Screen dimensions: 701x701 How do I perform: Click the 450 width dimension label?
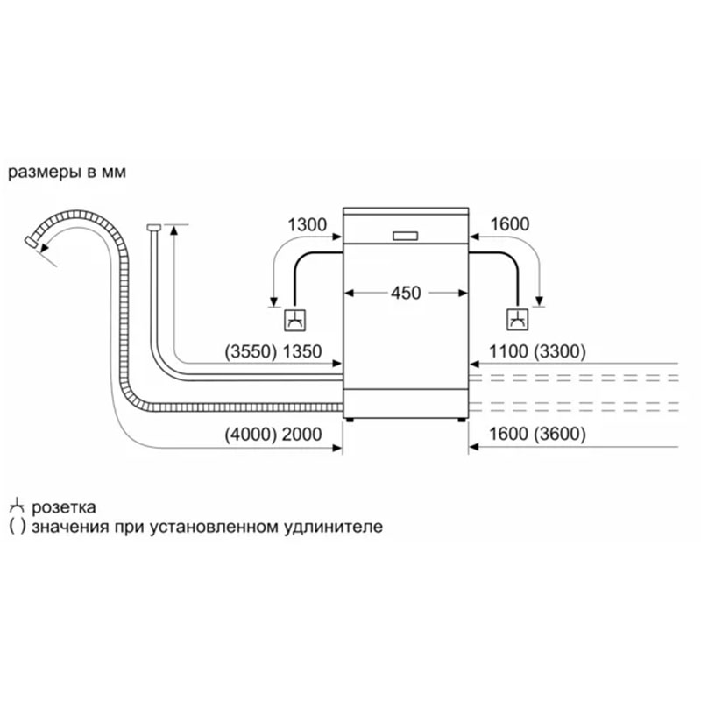pyautogui.click(x=406, y=294)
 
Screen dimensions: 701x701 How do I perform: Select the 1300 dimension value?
pyautogui.click(x=307, y=224)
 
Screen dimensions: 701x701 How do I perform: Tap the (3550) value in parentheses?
pyautogui.click(x=251, y=352)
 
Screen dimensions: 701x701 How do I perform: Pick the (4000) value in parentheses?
pyautogui.click(x=251, y=435)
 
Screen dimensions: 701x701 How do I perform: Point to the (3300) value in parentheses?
pyautogui.click(x=559, y=352)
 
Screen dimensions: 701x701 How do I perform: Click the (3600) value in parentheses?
pyautogui.click(x=559, y=434)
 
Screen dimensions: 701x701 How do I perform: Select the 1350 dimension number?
pyautogui.click(x=301, y=352)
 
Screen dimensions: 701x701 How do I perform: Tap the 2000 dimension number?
pyautogui.click(x=301, y=435)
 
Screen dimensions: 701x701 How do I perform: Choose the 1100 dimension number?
pyautogui.click(x=508, y=352)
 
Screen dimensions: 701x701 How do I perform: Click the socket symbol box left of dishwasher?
pyautogui.click(x=295, y=320)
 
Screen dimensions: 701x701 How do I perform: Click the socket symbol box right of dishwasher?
pyautogui.click(x=517, y=320)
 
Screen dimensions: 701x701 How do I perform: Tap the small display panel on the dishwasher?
pyautogui.click(x=406, y=236)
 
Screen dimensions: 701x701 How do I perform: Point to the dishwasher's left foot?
pyautogui.click(x=350, y=421)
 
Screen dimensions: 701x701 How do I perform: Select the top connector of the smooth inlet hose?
pyautogui.click(x=153, y=228)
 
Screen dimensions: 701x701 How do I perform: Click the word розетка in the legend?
pyautogui.click(x=64, y=507)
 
